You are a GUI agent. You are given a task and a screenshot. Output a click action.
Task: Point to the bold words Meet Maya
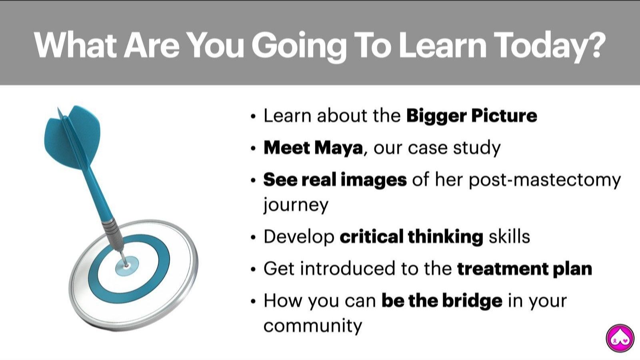pos(313,148)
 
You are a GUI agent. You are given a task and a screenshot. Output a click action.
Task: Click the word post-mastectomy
pos(545,180)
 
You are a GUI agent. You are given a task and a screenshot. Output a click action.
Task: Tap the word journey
pos(296,205)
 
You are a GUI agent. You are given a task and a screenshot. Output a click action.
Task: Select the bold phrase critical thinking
pos(412,237)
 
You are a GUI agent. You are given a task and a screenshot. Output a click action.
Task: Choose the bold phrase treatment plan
pos(524,269)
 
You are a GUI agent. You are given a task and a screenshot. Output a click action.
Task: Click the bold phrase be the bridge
pos(442,300)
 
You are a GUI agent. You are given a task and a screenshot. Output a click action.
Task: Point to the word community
pos(312,326)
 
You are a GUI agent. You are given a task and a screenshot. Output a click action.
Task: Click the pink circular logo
pos(620,338)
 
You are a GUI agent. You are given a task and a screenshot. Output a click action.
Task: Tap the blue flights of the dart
pos(72,138)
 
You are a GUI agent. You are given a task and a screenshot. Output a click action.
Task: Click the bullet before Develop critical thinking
pos(253,238)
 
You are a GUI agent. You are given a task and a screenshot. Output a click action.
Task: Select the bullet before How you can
pos(253,302)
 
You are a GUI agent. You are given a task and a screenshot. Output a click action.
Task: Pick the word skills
pos(510,237)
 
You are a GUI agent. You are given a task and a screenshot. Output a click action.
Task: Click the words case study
pos(454,148)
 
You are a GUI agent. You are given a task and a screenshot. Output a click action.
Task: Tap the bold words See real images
pos(335,180)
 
